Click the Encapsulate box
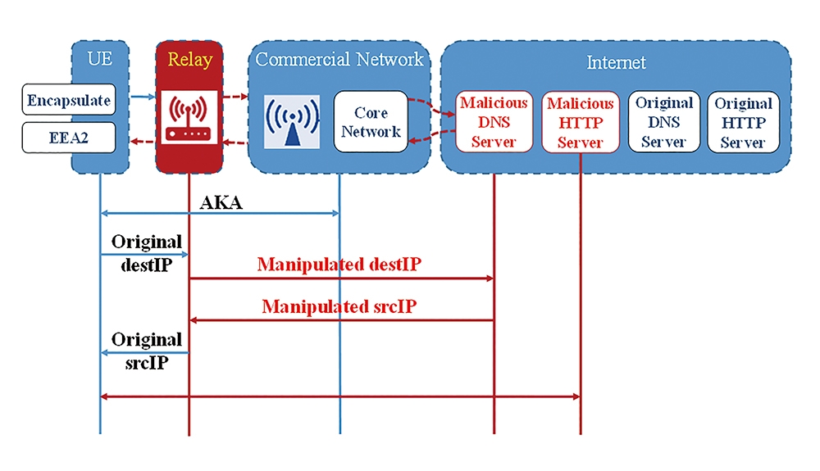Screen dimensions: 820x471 pos(69,99)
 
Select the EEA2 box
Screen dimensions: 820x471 pos(69,138)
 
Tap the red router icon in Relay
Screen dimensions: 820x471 pos(189,117)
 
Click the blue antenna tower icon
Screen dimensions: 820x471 pos(292,122)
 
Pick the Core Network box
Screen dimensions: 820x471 pos(371,122)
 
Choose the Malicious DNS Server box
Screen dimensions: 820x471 pos(494,122)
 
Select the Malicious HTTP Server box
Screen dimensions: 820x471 pos(581,122)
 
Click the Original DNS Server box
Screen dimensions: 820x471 pos(664,122)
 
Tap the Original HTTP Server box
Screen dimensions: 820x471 pos(743,122)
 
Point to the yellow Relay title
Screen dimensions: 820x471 pos(190,60)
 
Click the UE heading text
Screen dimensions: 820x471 pos(100,58)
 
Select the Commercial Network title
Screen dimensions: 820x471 pos(339,59)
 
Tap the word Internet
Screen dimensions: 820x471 pos(616,62)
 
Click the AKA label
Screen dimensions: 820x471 pos(221,202)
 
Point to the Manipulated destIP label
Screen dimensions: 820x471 pos(339,265)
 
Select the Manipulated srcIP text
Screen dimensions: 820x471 pos(339,306)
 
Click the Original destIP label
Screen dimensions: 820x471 pos(147,253)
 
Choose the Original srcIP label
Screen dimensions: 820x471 pos(147,351)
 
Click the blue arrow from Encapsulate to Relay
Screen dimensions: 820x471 pos(143,97)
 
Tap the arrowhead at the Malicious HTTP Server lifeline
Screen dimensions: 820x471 pos(576,396)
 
